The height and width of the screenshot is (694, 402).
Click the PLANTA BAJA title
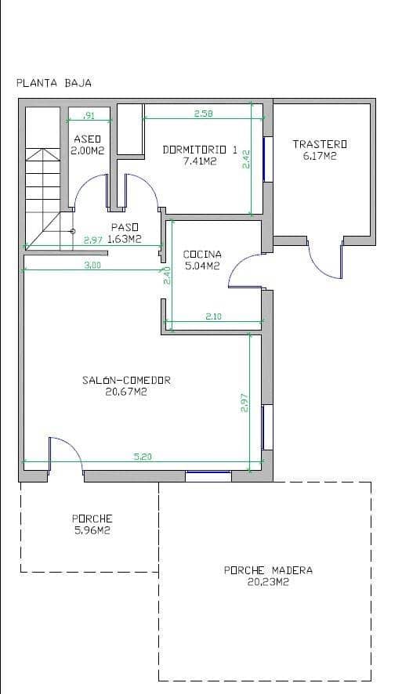click(54, 82)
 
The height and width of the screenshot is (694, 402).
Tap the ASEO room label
click(87, 139)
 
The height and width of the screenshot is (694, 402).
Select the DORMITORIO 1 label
click(199, 149)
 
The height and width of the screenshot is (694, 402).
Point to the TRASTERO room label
click(319, 144)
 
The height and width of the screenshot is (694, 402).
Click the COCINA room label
click(202, 254)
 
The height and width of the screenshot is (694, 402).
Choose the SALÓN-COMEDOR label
click(126, 381)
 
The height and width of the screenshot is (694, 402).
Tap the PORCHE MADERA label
click(268, 570)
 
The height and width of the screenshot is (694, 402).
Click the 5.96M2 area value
click(92, 530)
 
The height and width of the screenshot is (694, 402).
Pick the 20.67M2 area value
click(126, 392)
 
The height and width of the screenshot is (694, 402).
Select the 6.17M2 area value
click(319, 156)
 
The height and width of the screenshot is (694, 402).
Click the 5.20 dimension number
click(143, 456)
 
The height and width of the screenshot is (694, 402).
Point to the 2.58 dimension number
click(203, 114)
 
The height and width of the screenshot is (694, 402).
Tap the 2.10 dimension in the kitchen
click(213, 316)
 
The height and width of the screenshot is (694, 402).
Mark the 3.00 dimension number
click(92, 265)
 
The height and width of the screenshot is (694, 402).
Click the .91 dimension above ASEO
click(89, 116)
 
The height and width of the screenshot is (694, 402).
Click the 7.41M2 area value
click(199, 161)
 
